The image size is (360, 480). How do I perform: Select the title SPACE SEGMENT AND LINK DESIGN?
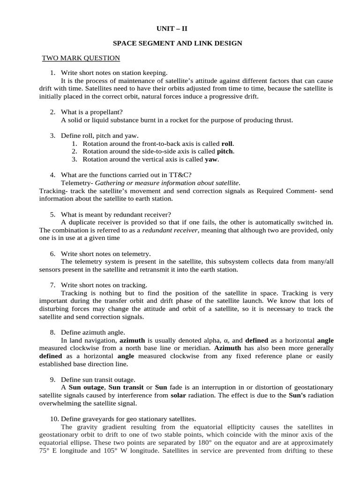point(177,43)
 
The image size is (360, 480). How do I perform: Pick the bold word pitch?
point(225,151)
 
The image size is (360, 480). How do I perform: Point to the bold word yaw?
point(212,159)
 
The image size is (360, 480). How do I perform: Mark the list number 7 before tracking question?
point(52,285)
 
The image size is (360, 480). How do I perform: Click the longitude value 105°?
point(105,451)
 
